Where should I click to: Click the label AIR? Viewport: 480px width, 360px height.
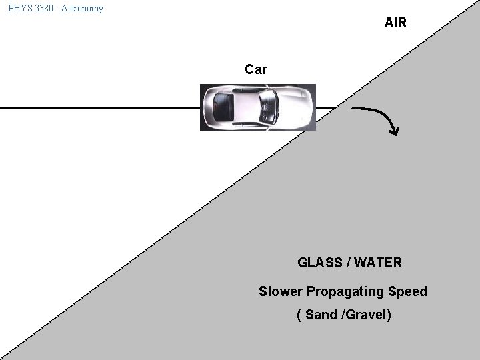point(395,23)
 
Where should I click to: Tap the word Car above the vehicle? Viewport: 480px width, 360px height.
point(256,69)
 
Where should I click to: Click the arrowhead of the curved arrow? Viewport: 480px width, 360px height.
point(395,131)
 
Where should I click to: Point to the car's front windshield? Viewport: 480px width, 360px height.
point(269,106)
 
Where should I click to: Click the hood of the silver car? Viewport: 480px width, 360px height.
point(293,106)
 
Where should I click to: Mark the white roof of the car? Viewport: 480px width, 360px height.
point(246,107)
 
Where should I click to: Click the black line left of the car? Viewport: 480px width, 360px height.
point(100,107)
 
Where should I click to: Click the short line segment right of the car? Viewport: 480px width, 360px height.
point(325,107)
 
